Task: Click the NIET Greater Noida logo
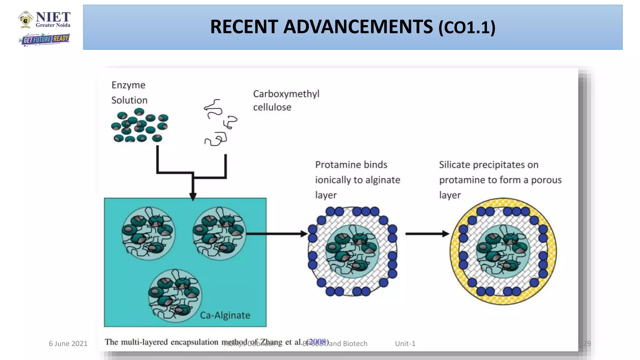click(45, 20)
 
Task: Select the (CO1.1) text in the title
click(467, 28)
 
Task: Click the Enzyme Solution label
click(129, 92)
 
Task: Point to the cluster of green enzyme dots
click(140, 126)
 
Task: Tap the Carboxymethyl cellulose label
click(286, 100)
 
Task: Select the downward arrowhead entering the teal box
click(193, 197)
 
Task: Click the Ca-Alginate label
click(225, 315)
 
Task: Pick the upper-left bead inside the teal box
click(148, 233)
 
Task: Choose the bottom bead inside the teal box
click(175, 296)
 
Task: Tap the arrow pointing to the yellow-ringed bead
click(427, 233)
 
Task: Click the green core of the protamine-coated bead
click(352, 251)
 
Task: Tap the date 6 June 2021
click(68, 343)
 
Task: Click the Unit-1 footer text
click(405, 343)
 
